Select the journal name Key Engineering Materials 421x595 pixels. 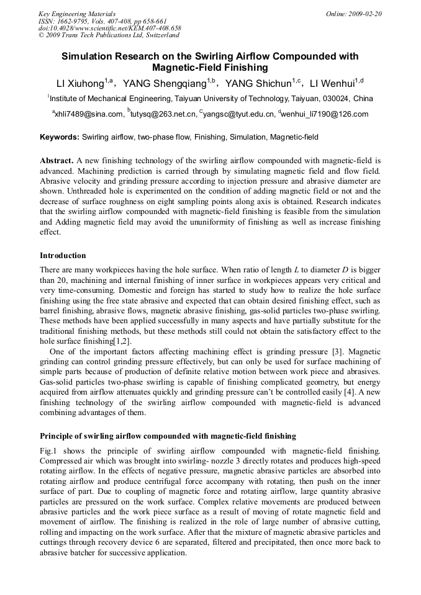(77, 14)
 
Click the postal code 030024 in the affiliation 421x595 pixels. (338, 99)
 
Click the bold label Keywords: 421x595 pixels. (60, 136)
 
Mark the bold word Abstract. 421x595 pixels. (57, 160)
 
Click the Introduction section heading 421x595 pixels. (63, 256)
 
